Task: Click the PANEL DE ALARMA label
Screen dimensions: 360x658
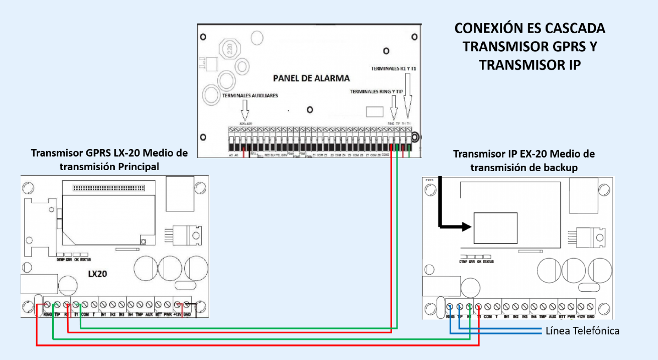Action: [x=311, y=78]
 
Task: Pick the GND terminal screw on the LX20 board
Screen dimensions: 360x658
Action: [x=187, y=305]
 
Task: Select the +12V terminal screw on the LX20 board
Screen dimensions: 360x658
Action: [x=178, y=305]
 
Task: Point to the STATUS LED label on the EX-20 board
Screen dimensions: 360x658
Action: [x=487, y=262]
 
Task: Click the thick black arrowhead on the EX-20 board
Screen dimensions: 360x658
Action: [x=467, y=226]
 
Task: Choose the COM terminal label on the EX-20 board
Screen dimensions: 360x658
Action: [x=487, y=317]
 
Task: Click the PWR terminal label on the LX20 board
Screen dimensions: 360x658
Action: [x=168, y=314]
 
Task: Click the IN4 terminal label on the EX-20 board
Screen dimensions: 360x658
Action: [x=534, y=317]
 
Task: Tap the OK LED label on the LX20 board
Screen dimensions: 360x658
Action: [x=77, y=260]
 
